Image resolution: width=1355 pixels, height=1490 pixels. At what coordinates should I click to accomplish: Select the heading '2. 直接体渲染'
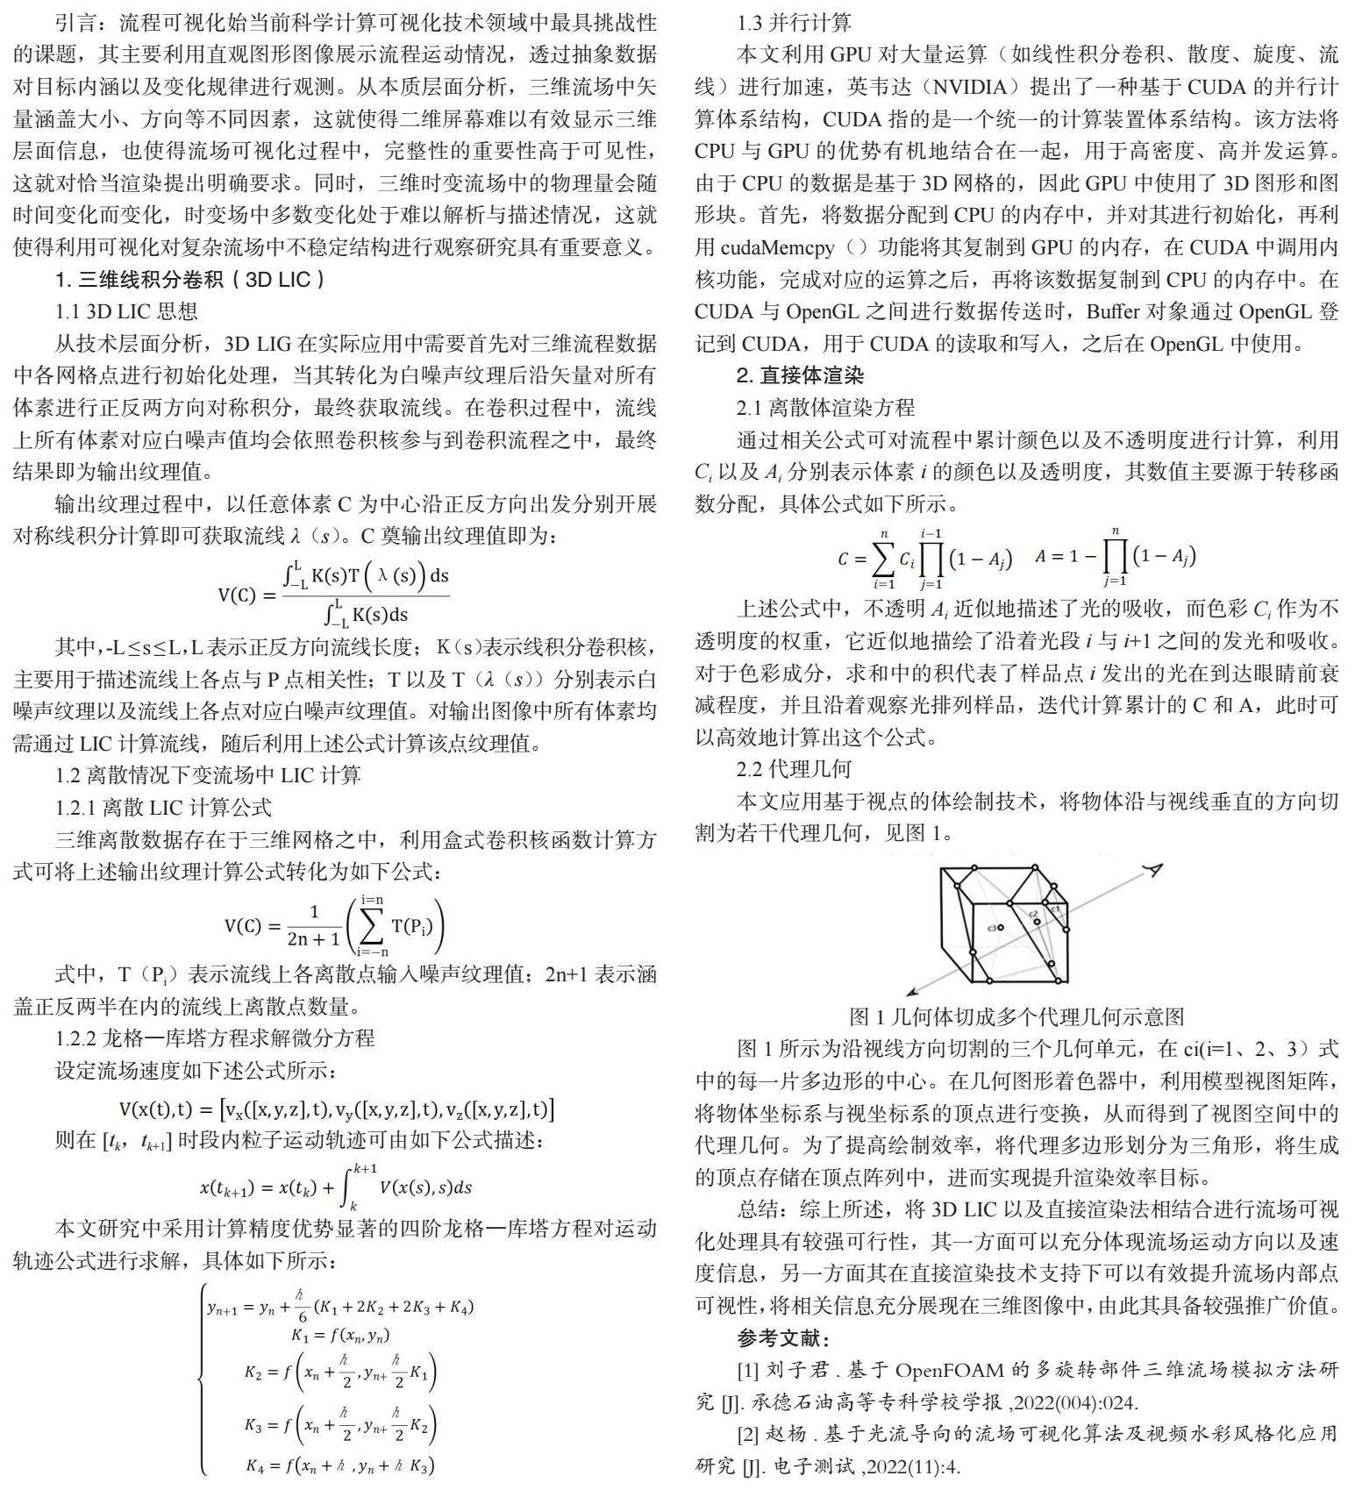799,375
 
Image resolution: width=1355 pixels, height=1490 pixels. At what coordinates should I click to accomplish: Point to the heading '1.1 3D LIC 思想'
126,311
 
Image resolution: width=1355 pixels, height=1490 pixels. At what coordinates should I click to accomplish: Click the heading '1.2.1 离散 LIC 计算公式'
163,807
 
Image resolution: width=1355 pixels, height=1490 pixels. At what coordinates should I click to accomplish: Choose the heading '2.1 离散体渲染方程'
825,407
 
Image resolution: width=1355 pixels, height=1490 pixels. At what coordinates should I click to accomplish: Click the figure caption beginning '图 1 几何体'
1016,1016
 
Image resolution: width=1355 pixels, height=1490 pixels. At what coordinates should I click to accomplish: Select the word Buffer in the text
1113,311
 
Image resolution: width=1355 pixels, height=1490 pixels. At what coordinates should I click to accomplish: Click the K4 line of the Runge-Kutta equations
339,1464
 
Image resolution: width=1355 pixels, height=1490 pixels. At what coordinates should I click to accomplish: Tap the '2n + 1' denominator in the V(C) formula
313,938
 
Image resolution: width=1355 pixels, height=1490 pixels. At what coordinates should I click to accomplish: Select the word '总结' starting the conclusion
759,1210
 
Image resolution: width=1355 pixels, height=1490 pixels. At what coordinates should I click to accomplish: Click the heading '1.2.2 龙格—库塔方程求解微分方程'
215,1038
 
